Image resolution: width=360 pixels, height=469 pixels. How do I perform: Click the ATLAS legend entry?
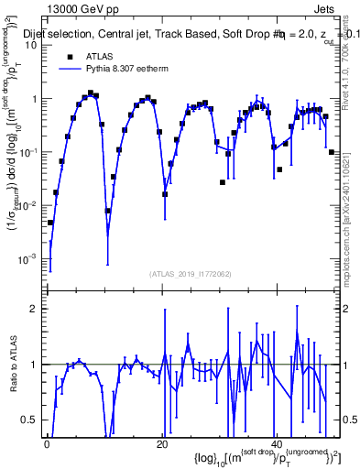coord(100,56)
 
